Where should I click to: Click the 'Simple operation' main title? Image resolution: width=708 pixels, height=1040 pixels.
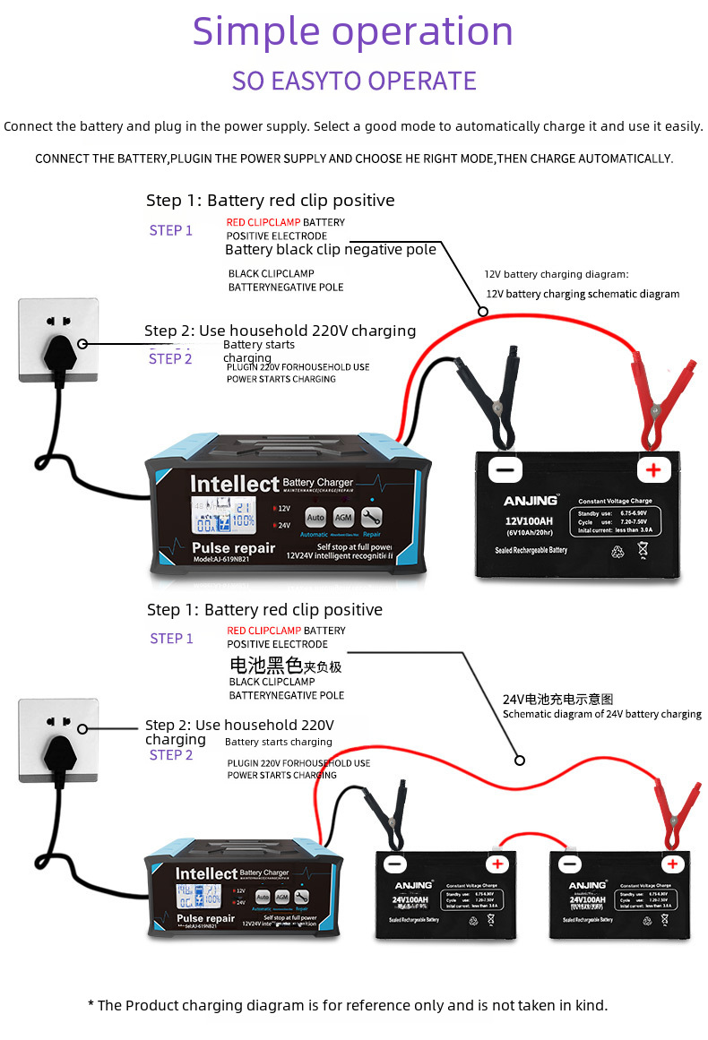point(353,32)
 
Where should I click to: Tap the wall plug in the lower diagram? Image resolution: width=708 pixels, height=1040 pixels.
point(58,748)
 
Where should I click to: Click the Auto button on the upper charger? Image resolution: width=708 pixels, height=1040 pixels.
point(315,517)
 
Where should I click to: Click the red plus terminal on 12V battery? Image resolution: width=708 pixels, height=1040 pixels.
point(653,469)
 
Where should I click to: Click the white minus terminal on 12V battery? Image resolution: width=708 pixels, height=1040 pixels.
point(505,469)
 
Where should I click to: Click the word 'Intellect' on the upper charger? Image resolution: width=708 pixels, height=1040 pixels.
point(235,484)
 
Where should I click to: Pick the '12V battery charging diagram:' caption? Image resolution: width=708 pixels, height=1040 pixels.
point(557,274)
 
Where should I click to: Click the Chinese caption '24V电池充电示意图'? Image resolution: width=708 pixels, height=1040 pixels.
point(557,699)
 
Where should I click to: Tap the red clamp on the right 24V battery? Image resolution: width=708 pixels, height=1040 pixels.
point(674,811)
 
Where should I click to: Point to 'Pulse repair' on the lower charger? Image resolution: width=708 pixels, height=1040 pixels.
point(206,918)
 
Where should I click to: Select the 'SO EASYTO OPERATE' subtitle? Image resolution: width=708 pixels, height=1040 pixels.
point(354,81)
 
